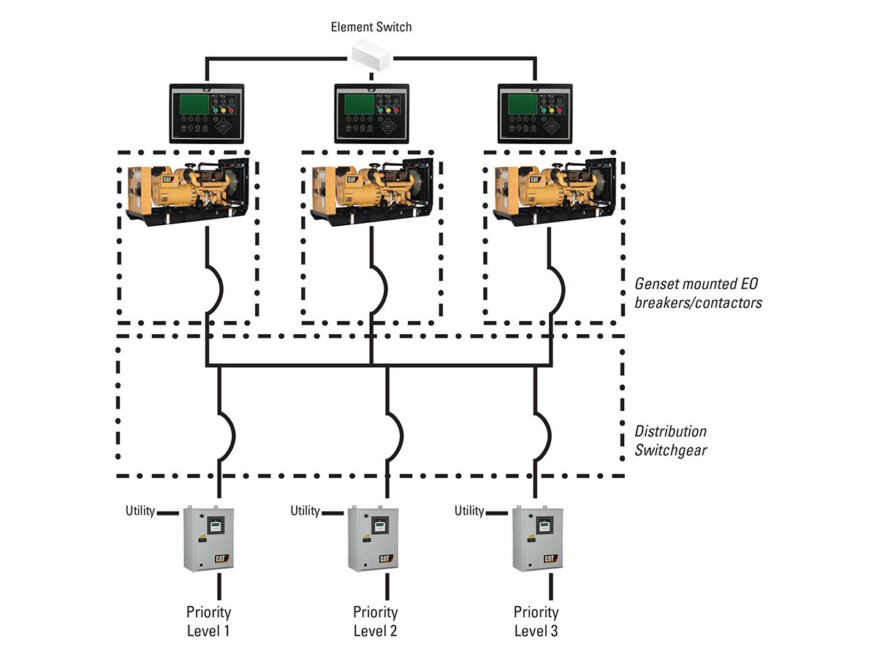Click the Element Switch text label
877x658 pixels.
pyautogui.click(x=371, y=27)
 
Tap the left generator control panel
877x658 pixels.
pyautogui.click(x=207, y=113)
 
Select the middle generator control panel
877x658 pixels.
pyautogui.click(x=371, y=113)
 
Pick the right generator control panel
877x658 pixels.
pyautogui.click(x=535, y=113)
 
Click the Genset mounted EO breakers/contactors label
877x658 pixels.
pyautogui.click(x=698, y=292)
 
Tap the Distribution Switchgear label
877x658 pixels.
pyautogui.click(x=670, y=441)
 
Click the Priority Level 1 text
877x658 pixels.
pyautogui.click(x=208, y=621)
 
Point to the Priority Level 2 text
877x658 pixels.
pyautogui.click(x=375, y=621)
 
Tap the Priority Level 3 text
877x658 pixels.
pyautogui.click(x=536, y=621)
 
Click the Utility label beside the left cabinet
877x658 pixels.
pyautogui.click(x=140, y=511)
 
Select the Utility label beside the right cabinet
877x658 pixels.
pyautogui.click(x=469, y=511)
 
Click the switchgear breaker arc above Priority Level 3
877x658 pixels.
pyautogui.click(x=544, y=434)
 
